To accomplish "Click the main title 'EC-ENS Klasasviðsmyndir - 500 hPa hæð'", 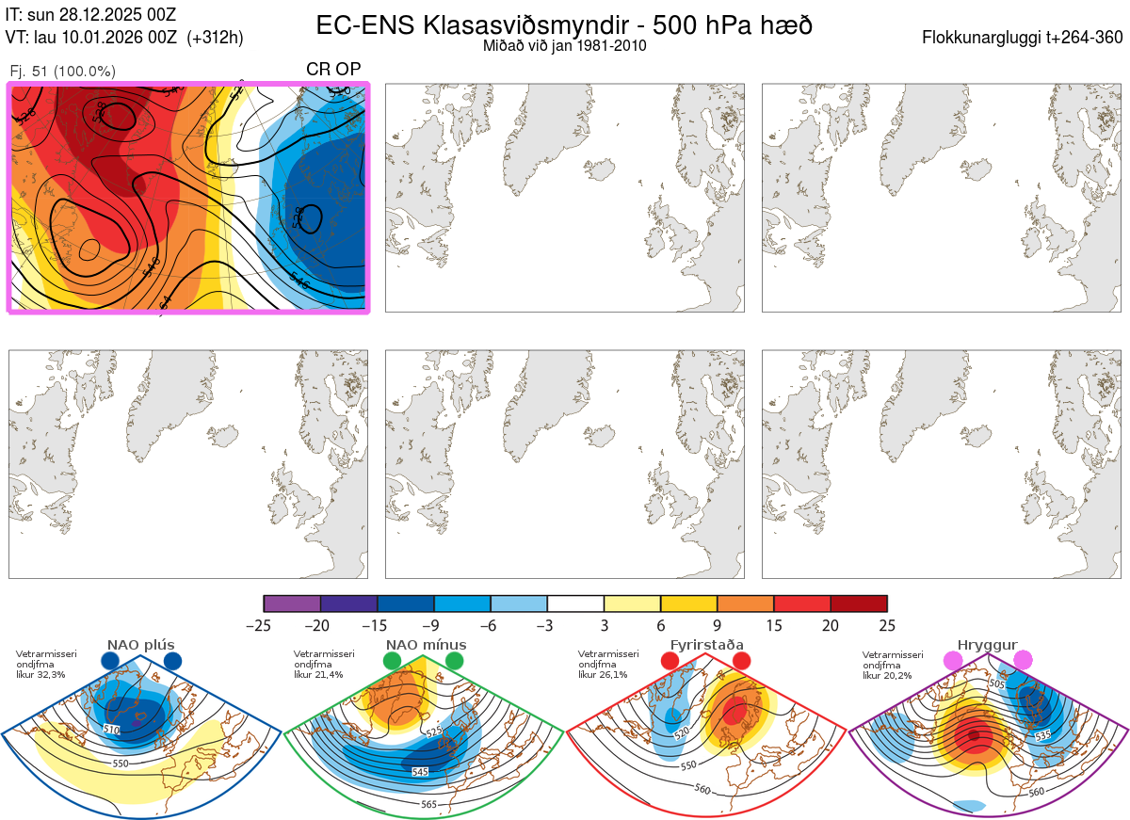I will [x=564, y=25].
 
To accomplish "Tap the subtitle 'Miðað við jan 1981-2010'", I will [x=564, y=45].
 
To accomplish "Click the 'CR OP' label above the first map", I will [x=333, y=70].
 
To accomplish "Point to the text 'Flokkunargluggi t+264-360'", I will [x=1025, y=38].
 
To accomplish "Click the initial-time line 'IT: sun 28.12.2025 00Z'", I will [x=90, y=14].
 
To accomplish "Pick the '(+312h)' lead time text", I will [x=215, y=38].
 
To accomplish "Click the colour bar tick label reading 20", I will [x=831, y=625].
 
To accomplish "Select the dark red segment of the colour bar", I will [x=859, y=603].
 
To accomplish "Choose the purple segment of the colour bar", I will [x=293, y=603].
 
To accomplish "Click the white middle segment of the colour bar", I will [x=575, y=603].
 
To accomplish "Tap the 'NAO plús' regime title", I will [x=140, y=645].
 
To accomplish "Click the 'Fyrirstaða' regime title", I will [x=706, y=645].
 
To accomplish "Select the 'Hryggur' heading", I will [x=988, y=645].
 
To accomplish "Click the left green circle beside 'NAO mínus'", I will [x=392, y=662].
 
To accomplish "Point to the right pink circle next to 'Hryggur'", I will [x=1022, y=662].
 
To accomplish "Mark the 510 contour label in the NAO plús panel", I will [x=112, y=730].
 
